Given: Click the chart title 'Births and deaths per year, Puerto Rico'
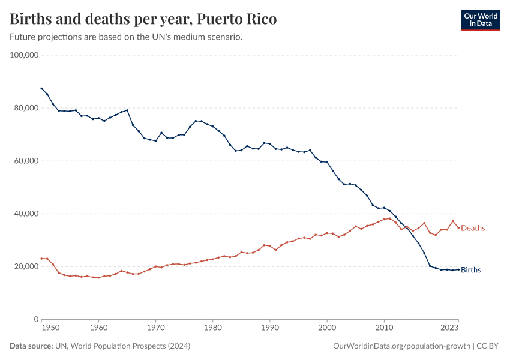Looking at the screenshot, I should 143,19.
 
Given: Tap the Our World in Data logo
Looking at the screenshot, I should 480,20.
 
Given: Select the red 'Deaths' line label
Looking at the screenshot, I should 473,228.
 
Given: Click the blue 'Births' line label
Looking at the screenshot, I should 471,270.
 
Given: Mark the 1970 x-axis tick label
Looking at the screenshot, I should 155,328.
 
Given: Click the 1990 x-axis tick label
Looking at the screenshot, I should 270,328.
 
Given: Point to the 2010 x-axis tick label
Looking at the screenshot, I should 385,328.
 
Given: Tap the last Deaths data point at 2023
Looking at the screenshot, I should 458,227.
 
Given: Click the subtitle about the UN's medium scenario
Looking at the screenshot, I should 126,37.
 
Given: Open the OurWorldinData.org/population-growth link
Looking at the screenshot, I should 401,346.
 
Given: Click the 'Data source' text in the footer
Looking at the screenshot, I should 32,346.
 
